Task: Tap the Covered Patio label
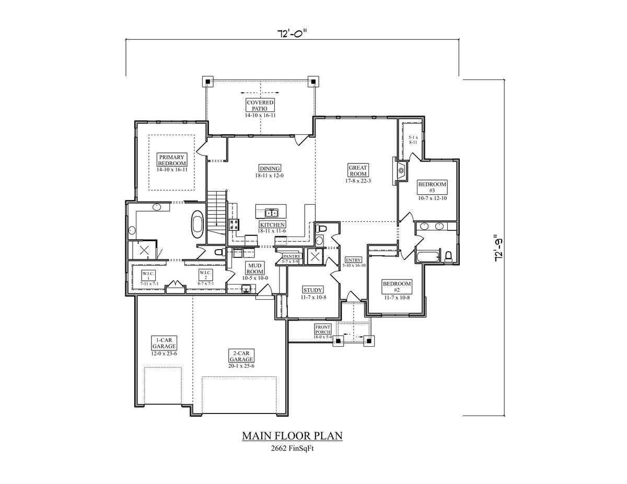pos(260,105)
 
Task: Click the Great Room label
pos(358,170)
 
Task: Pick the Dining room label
pos(270,168)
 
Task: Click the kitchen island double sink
pos(271,213)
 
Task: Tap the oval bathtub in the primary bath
pos(198,225)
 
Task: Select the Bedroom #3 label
pos(432,187)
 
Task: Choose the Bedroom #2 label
pos(397,287)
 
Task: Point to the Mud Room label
pos(256,268)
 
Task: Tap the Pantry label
pos(291,257)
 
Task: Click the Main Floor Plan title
pos(292,435)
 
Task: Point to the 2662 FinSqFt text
pos(292,448)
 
